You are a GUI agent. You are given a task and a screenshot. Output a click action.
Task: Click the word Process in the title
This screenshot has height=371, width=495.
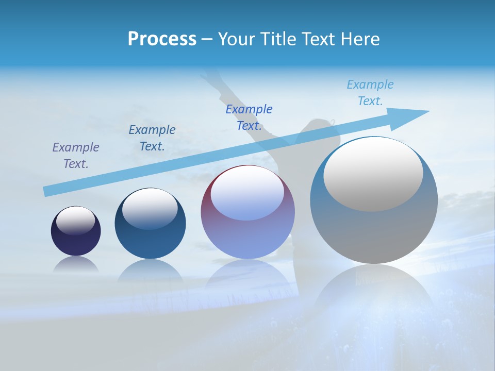point(162,39)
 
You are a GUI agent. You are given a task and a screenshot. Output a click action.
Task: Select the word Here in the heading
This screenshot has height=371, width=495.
point(360,39)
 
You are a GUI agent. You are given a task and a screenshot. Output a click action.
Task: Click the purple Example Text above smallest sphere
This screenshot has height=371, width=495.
point(76,155)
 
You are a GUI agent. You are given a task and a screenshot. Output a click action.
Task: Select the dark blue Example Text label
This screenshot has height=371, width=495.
point(152,138)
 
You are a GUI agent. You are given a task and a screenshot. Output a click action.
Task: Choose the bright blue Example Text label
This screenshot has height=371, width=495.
point(249,117)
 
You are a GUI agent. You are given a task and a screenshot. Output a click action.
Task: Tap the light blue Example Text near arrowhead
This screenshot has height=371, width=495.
point(370,92)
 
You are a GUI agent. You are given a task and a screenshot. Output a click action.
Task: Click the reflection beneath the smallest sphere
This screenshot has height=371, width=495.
point(76,264)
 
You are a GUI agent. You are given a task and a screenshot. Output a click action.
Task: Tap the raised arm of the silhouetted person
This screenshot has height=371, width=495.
point(217,88)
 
